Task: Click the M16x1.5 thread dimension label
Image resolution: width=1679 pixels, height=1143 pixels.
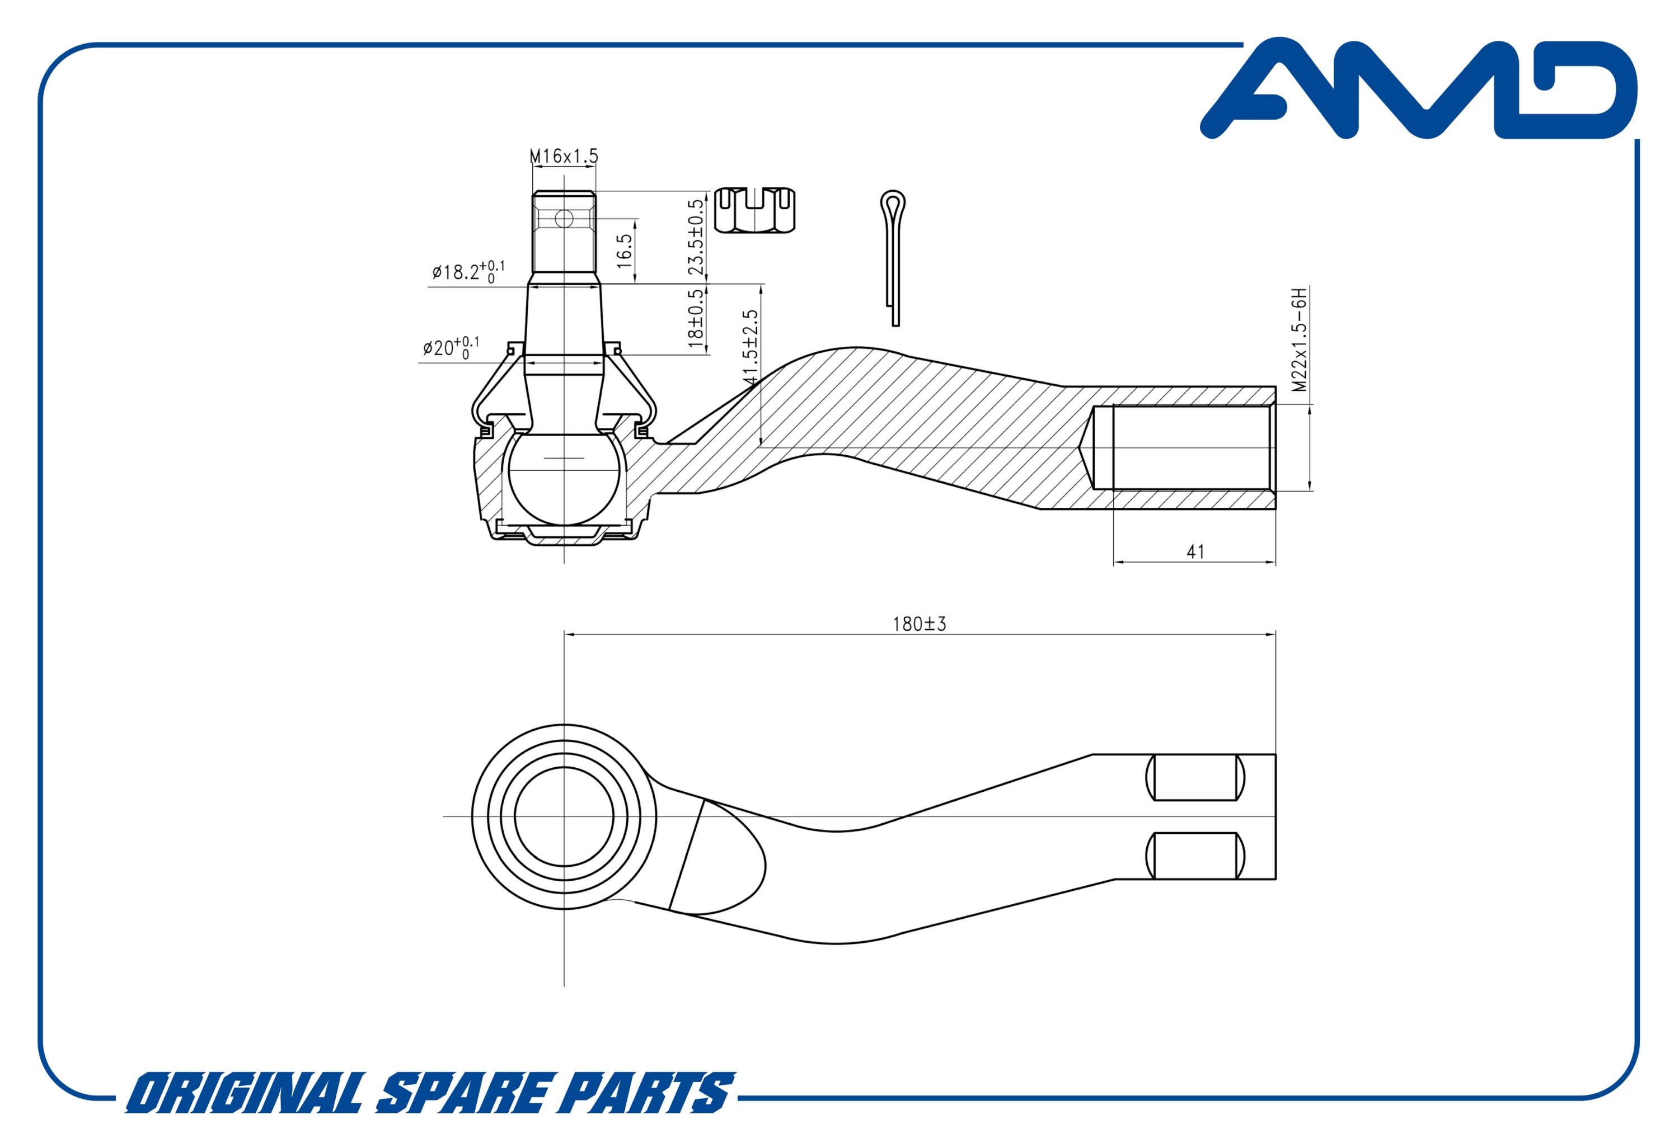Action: click(x=564, y=155)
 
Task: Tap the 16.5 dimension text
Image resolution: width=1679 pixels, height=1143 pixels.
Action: click(x=624, y=251)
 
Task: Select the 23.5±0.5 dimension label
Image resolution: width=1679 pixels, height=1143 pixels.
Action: click(x=696, y=237)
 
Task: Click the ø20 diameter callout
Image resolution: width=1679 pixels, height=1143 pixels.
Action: click(x=451, y=347)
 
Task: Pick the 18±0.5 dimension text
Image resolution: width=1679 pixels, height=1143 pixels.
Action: click(x=696, y=318)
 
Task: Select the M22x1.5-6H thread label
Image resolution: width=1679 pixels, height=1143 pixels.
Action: click(x=1300, y=339)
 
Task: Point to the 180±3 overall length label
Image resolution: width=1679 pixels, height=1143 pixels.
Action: click(x=919, y=624)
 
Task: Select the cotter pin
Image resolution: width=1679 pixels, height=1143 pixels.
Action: click(x=894, y=258)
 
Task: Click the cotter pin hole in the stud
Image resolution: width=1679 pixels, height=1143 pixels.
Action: click(x=564, y=219)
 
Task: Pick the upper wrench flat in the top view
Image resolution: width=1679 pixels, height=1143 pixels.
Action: click(x=1195, y=778)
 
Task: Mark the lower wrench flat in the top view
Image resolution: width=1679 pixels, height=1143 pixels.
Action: click(x=1195, y=856)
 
